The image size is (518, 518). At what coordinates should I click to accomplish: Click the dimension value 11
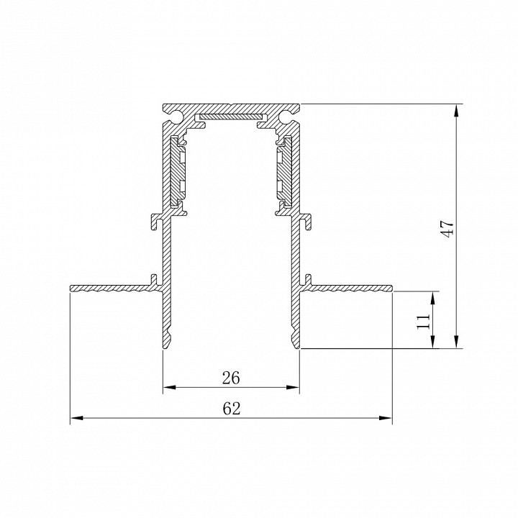coord(423,321)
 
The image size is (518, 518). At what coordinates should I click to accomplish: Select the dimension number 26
coord(231,378)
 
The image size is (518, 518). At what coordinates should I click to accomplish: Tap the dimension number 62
coord(232,409)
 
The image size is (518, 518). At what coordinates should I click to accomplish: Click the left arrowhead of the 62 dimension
coord(76,418)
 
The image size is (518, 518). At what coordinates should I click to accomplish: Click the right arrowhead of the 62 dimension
coord(386,418)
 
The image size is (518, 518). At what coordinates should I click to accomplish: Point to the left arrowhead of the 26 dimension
coord(169,387)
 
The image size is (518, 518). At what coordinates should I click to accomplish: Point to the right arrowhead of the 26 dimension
coord(293,387)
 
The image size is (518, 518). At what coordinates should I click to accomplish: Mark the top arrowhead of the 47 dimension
coord(456,110)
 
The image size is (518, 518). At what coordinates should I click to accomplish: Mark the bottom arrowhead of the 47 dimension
coord(456,342)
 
